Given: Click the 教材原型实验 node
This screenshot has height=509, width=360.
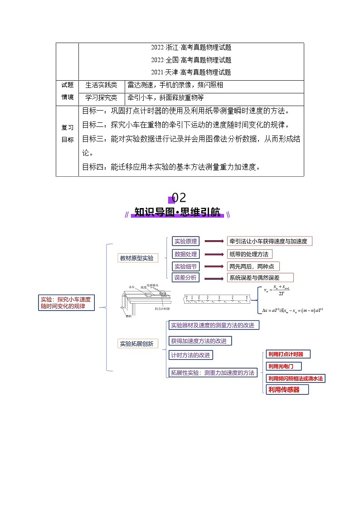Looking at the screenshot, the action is point(136,258).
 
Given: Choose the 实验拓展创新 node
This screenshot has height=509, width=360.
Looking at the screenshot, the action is point(136,344).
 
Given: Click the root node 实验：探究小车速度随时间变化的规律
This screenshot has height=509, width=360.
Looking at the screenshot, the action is point(66,303).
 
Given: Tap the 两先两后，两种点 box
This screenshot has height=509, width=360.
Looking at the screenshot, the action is point(253,267).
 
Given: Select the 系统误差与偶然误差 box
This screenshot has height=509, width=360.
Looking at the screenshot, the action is point(260,277).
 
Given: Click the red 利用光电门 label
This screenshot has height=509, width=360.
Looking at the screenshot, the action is point(283,366).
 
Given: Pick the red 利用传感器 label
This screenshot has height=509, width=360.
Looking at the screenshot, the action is point(287,389).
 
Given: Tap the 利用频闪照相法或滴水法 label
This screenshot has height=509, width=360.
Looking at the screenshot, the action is point(296,378).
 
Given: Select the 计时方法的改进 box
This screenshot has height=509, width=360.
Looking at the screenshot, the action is point(190,355).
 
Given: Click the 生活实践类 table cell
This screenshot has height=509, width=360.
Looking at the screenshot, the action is point(101,85).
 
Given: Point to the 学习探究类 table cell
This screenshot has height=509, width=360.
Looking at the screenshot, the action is point(101,97).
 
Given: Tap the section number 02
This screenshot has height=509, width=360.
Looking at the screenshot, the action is point(179,198).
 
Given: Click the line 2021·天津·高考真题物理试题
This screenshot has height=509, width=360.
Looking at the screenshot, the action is point(191,72).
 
